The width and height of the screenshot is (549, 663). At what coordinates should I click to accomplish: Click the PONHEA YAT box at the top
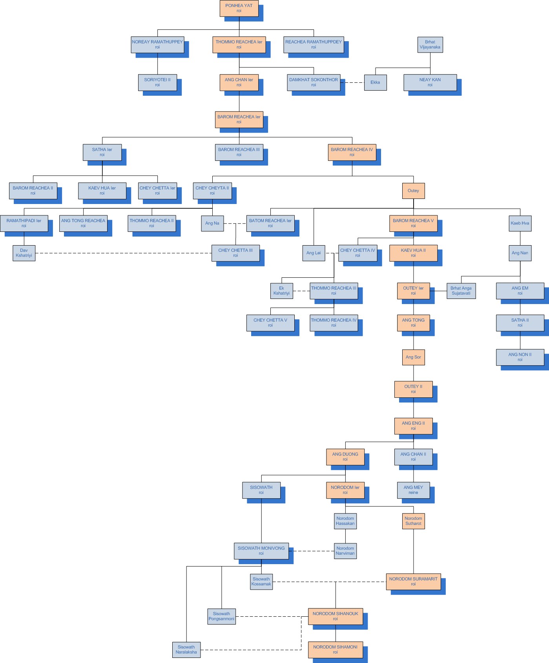(239, 8)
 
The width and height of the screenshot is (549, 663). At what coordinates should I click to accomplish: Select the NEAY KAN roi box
(430, 82)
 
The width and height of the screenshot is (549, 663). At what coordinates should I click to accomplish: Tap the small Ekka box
(375, 82)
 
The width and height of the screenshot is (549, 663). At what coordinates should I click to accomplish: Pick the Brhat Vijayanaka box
(430, 45)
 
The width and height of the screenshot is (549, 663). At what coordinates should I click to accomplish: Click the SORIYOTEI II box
(157, 82)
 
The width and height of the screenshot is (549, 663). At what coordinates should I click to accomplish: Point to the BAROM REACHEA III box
(239, 152)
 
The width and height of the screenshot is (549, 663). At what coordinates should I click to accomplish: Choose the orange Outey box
(413, 191)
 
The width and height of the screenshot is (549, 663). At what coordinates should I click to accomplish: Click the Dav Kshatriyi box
(24, 253)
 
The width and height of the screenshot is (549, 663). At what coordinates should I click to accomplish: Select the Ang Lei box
(314, 253)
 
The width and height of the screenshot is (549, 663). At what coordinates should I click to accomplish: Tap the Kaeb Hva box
(520, 223)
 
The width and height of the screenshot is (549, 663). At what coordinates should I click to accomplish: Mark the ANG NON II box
(520, 357)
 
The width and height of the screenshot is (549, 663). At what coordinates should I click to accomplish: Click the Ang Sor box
(413, 357)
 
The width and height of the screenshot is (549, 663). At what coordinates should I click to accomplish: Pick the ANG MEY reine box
(413, 490)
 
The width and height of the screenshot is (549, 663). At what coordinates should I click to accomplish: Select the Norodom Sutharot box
(413, 521)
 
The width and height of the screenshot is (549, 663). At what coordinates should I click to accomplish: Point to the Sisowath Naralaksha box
(186, 650)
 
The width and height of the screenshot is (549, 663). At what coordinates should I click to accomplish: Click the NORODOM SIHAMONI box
(335, 650)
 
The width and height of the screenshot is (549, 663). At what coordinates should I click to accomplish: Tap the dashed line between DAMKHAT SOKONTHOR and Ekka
(352, 82)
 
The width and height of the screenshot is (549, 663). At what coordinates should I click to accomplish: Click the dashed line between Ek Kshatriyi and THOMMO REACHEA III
(301, 291)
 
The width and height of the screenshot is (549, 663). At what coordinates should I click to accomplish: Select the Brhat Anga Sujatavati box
(461, 291)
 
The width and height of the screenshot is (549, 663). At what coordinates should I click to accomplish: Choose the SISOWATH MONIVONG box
(261, 551)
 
